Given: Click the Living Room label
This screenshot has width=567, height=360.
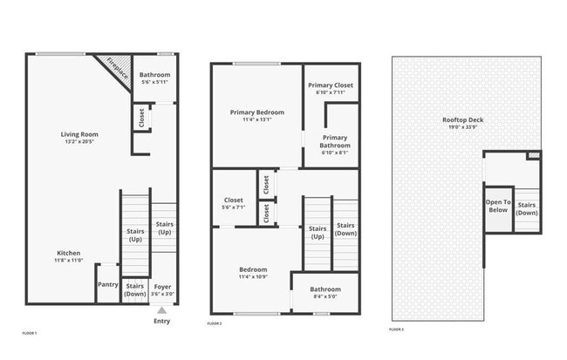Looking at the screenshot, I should point(79,134).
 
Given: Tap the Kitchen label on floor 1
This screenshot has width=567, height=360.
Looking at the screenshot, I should point(68,253).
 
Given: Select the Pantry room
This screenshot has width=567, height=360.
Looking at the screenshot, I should point(107,284).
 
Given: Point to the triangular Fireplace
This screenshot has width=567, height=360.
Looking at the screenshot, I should point(118,67).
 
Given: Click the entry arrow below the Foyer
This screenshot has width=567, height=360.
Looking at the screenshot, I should point(161,309).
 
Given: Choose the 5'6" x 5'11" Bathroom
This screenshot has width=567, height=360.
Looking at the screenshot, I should point(154,78).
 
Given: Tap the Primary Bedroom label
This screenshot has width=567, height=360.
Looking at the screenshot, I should point(256,112).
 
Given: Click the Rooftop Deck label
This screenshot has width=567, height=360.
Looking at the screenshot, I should point(463,120).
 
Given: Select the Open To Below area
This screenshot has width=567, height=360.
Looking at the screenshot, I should point(498,206).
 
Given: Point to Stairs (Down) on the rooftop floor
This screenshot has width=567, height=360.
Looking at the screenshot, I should point(527,209).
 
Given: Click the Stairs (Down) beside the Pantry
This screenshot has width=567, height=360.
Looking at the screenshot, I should point(134,289).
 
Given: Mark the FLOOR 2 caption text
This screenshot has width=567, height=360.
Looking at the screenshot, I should point(215,323).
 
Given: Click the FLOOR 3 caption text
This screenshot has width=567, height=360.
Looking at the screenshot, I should point(397,329).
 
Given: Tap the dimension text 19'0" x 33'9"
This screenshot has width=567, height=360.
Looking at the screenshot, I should point(463,128).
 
